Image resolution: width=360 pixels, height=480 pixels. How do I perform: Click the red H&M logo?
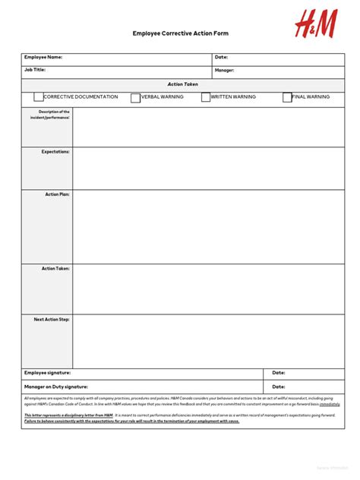[x=315, y=25]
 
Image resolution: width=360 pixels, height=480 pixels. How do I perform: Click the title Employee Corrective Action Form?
[x=180, y=33]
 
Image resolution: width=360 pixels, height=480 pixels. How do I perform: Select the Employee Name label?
[x=43, y=57]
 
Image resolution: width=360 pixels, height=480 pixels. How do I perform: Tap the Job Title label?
[x=35, y=70]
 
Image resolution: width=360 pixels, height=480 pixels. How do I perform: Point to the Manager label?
[x=224, y=71]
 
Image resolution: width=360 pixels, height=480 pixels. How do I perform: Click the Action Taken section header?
[x=182, y=84]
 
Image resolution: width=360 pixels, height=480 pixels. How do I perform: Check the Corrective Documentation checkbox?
[x=39, y=97]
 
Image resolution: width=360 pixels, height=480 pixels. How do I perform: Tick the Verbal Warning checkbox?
[x=136, y=97]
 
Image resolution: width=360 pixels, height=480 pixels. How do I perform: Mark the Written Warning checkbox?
[x=206, y=97]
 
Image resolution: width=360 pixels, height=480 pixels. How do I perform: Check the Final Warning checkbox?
[x=287, y=97]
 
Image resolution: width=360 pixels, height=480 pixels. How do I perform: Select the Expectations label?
[x=55, y=152]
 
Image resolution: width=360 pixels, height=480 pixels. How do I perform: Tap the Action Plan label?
[x=57, y=194]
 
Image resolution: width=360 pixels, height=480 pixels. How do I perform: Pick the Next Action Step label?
[x=52, y=319]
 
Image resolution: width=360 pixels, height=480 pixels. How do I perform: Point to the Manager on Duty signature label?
[x=55, y=387]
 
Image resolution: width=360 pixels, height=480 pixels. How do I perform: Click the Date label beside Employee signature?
[x=279, y=373]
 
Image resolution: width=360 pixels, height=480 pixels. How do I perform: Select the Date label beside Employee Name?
[x=221, y=57]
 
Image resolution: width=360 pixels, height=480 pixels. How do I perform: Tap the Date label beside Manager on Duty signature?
[x=279, y=387]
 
